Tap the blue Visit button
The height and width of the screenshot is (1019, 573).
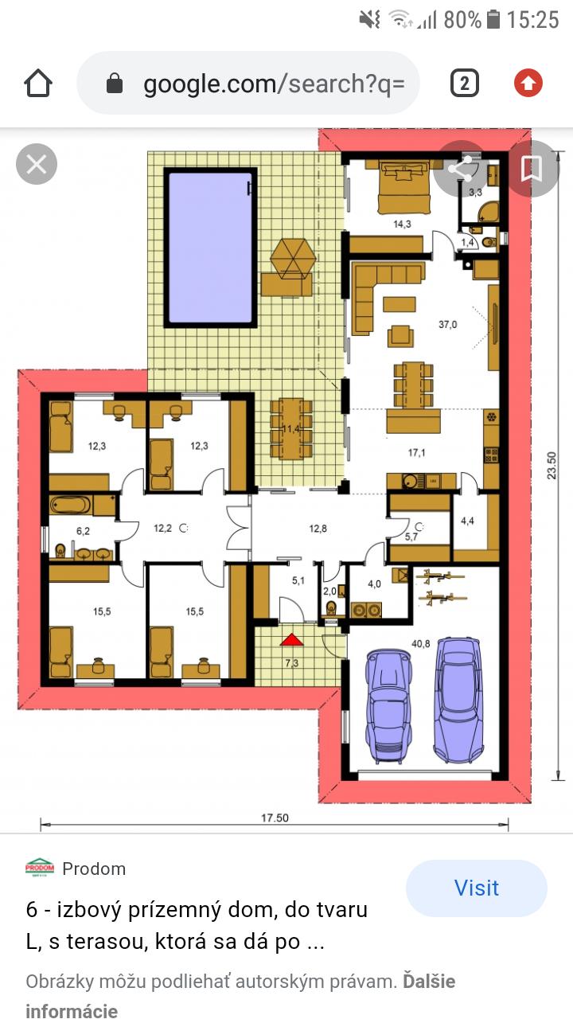(476, 888)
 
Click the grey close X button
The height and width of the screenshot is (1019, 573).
(37, 164)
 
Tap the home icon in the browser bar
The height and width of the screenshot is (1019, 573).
(38, 84)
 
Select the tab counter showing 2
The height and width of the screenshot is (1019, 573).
(464, 84)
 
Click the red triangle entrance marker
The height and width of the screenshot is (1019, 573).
(291, 641)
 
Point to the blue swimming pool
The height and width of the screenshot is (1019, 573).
(211, 248)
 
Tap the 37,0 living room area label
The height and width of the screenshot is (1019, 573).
(447, 325)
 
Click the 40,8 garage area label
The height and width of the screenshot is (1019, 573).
(421, 644)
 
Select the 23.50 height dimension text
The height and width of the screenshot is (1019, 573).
(552, 465)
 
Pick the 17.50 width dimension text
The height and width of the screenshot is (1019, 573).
(275, 818)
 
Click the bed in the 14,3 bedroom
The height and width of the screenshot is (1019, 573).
(403, 186)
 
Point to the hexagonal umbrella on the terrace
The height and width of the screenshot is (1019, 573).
(292, 259)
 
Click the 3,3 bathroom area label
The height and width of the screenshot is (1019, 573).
(475, 193)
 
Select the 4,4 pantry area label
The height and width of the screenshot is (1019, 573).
(467, 521)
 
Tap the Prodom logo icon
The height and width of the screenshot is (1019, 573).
(40, 868)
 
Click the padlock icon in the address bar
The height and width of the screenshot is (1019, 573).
(114, 84)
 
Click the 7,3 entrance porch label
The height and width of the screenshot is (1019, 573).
(291, 663)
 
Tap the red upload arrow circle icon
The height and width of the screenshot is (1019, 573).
(528, 84)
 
